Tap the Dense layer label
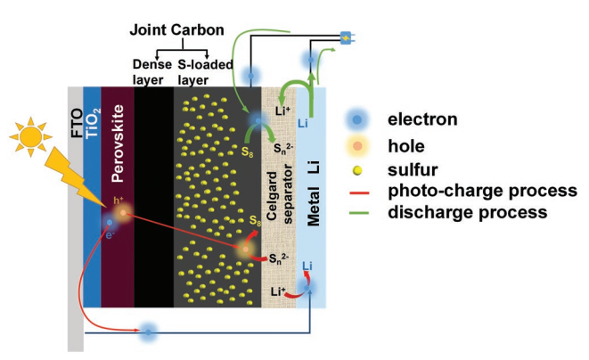(151, 71)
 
